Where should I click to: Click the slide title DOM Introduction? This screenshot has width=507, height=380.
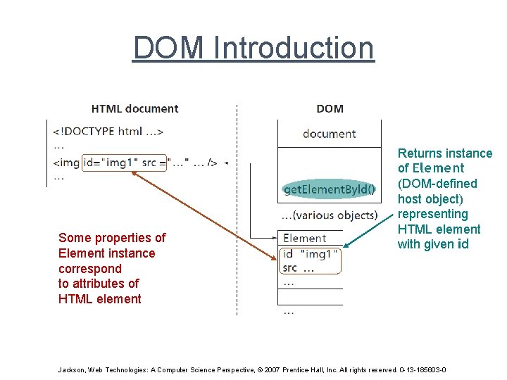[254, 48]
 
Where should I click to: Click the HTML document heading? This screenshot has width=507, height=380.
[134, 108]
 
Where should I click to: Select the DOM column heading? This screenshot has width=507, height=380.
[330, 108]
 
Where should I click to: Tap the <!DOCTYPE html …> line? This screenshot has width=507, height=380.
[108, 131]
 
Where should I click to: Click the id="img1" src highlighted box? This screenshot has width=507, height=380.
[125, 163]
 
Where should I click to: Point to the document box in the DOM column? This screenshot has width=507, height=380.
[329, 134]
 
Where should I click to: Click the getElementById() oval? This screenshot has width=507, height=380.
[329, 189]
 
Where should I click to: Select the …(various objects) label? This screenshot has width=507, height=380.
[329, 215]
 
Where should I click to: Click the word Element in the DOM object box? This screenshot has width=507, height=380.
[304, 239]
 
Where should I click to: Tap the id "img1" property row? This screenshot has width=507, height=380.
[310, 253]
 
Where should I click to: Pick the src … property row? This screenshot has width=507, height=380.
[299, 267]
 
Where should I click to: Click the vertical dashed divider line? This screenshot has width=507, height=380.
[237, 211]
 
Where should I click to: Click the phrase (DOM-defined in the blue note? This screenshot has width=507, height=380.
[437, 184]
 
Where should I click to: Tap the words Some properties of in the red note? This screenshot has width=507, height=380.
[112, 238]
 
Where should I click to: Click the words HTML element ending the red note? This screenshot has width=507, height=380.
[99, 299]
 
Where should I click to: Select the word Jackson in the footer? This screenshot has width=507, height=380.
[71, 370]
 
